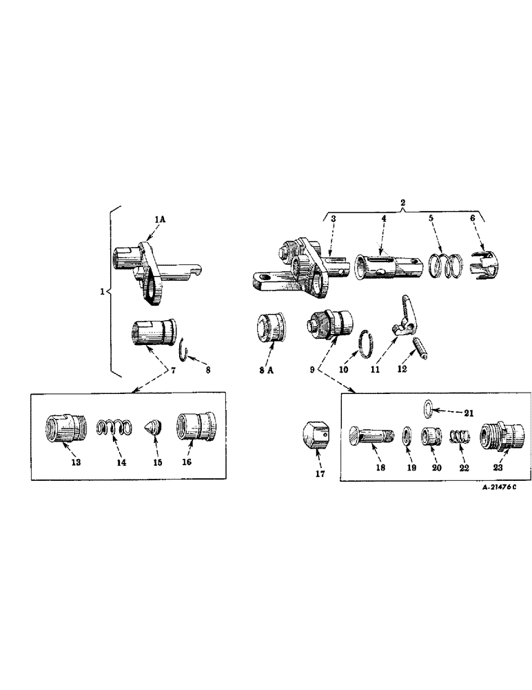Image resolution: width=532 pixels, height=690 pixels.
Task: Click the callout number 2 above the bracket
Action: click(403, 203)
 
